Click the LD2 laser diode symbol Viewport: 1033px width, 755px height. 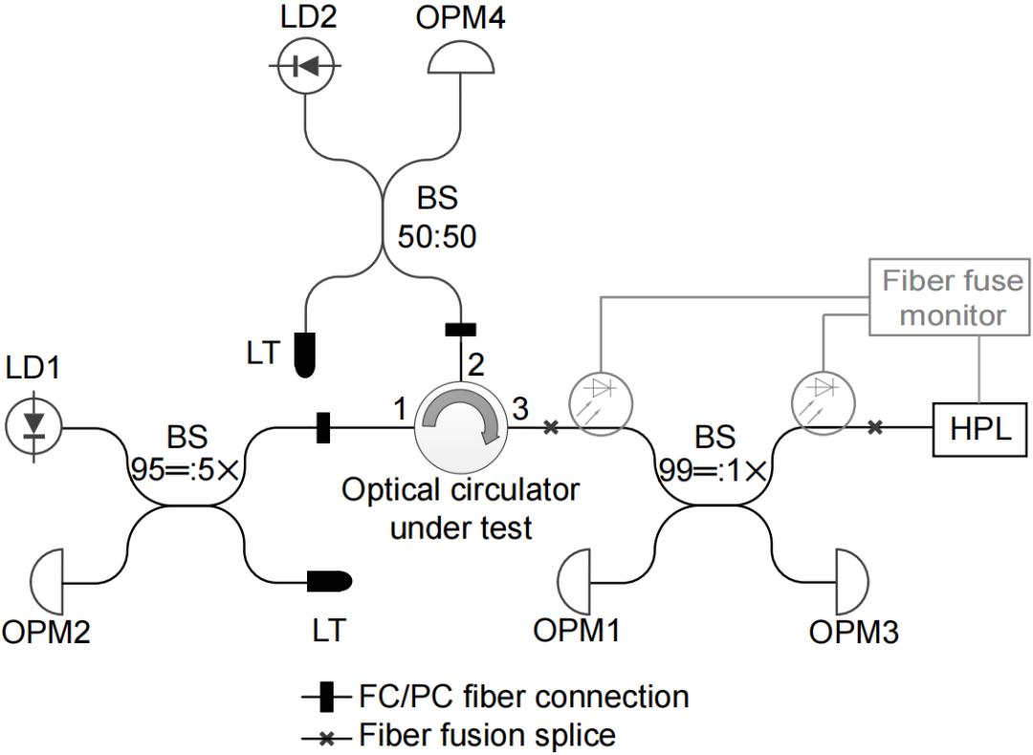click(304, 65)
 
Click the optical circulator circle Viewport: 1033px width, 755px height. click(460, 428)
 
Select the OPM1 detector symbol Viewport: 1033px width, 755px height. click(575, 579)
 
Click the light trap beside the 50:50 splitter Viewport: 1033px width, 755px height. click(305, 354)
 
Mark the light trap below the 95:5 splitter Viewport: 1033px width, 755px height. click(329, 580)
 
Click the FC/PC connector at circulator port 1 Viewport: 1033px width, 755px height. click(323, 427)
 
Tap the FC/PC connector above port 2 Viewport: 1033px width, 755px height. click(460, 331)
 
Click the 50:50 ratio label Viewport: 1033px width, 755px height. click(438, 236)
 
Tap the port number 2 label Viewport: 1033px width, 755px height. click(473, 363)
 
